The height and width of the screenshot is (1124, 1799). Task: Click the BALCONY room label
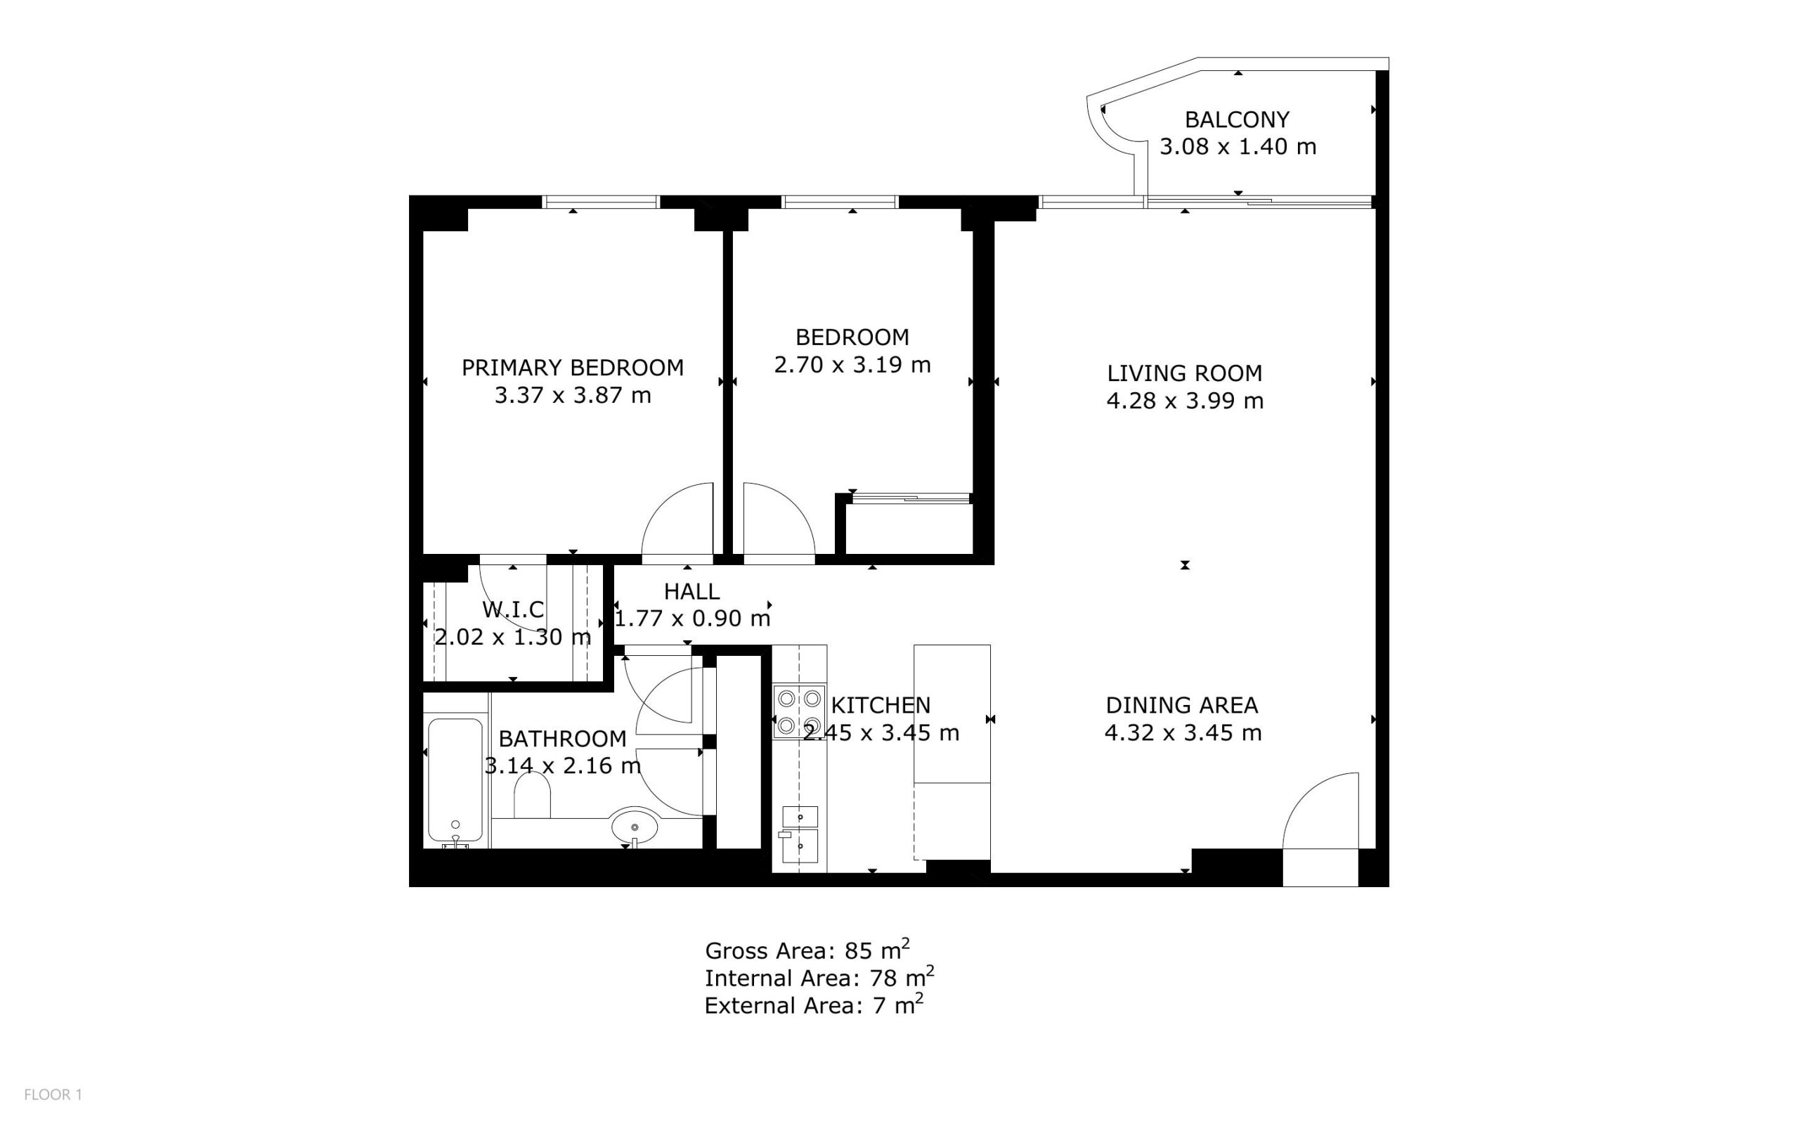pyautogui.click(x=1237, y=119)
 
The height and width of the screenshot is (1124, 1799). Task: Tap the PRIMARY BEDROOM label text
pyautogui.click(x=572, y=368)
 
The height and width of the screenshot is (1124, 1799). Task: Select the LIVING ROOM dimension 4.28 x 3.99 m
pyautogui.click(x=1185, y=401)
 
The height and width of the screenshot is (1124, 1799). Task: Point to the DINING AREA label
pyautogui.click(x=1181, y=705)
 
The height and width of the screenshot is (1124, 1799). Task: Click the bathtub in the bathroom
pyautogui.click(x=455, y=780)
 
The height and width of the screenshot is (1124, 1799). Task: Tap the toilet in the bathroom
pyautogui.click(x=532, y=795)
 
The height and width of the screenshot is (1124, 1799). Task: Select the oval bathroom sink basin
pyautogui.click(x=635, y=825)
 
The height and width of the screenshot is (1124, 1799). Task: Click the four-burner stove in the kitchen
pyautogui.click(x=799, y=711)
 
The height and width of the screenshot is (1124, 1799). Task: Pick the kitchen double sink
pyautogui.click(x=800, y=834)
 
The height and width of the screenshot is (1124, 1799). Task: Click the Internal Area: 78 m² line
pyautogui.click(x=819, y=977)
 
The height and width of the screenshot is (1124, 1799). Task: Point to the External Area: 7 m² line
pyautogui.click(x=814, y=1005)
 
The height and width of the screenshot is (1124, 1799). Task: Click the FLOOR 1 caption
pyautogui.click(x=53, y=1094)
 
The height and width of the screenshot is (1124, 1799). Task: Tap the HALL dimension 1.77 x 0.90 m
pyautogui.click(x=691, y=618)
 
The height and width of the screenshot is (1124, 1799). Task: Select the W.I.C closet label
pyautogui.click(x=514, y=609)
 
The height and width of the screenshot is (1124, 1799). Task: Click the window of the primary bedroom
pyautogui.click(x=600, y=202)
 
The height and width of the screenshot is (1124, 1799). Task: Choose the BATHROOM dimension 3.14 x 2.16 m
pyautogui.click(x=562, y=766)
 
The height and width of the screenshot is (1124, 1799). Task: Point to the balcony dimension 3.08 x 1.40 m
pyautogui.click(x=1238, y=146)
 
